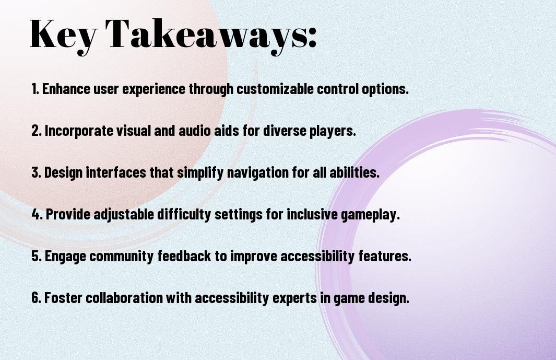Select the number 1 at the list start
[x=34, y=89]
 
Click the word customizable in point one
[x=275, y=89]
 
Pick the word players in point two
[x=333, y=131]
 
